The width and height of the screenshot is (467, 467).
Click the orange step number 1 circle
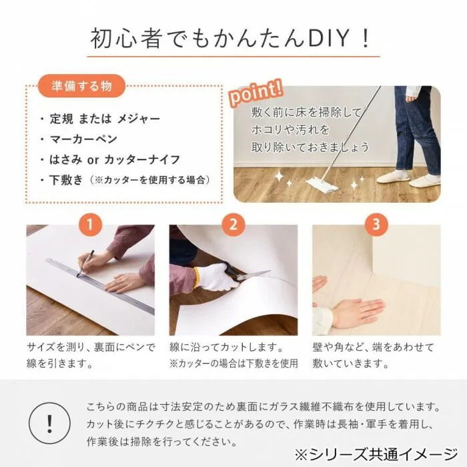coord(90,225)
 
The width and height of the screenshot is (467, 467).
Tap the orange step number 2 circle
coord(233,225)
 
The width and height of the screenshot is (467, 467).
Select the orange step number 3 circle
coord(376,225)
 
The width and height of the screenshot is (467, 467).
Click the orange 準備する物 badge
coord(81,86)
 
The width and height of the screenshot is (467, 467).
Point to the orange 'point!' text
coord(256,92)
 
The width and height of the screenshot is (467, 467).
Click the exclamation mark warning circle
coord(49,423)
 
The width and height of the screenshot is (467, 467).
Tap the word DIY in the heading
coord(328,38)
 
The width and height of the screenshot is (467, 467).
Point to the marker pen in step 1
coord(85,264)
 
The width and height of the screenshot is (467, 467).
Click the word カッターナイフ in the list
coord(142,159)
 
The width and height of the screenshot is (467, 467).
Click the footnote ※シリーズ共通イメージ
coord(376,454)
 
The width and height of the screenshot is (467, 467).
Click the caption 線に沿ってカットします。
coord(226,348)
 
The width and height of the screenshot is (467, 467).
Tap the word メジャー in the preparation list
coord(139,119)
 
